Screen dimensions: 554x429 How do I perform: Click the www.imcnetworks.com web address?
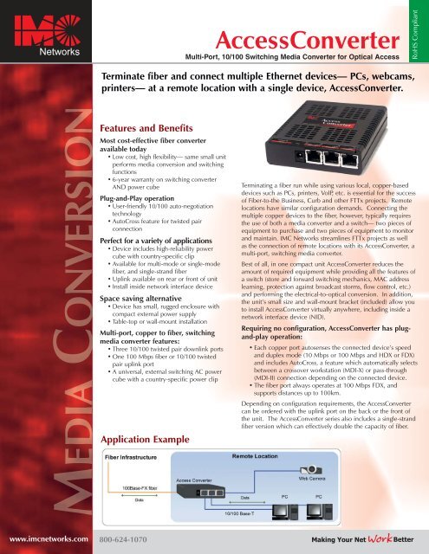43,538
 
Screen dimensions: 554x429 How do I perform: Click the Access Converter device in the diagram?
198,493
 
